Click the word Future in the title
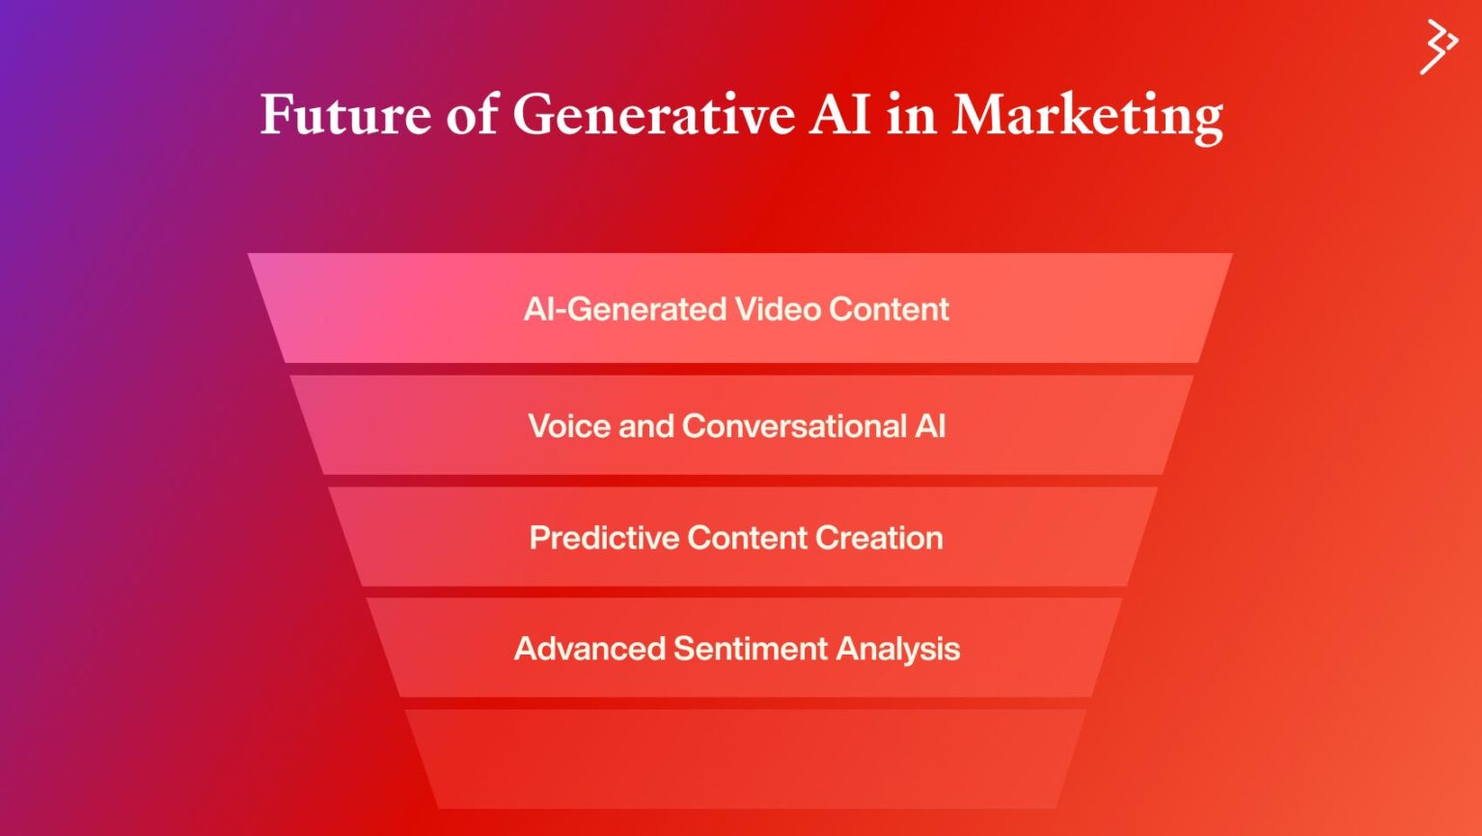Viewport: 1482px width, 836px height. coord(345,115)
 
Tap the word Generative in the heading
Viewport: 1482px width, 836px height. coord(653,115)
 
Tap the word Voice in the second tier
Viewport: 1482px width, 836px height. coord(569,426)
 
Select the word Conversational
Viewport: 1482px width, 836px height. coord(794,426)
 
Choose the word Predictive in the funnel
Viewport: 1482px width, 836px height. coord(604,538)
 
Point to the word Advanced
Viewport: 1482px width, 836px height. coord(590,649)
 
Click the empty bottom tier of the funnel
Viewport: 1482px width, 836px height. coord(745,759)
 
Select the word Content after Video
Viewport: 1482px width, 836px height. coord(889,309)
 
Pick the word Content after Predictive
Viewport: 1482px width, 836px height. coord(747,538)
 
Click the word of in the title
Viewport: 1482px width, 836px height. coord(472,115)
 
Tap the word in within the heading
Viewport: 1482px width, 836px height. coord(912,115)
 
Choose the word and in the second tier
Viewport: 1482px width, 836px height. coord(645,426)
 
